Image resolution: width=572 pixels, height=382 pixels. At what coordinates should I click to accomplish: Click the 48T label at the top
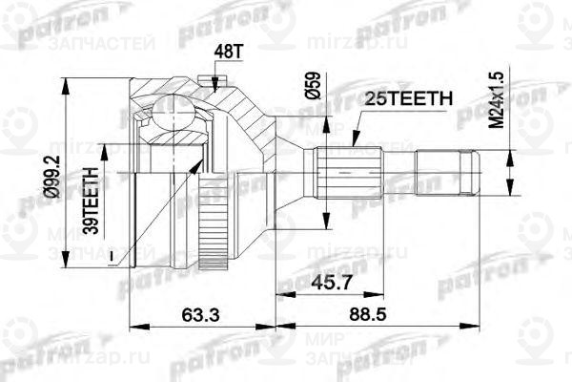coord(222,49)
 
